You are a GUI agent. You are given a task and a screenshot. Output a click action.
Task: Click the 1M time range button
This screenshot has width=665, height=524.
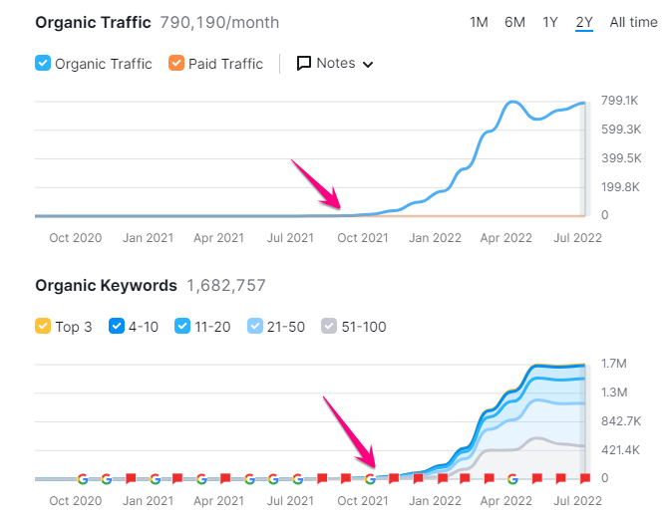pyautogui.click(x=479, y=22)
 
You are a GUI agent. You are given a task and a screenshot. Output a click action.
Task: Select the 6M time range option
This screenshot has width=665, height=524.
pyautogui.click(x=514, y=22)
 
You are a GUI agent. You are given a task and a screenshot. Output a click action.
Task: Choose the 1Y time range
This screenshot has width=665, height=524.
pyautogui.click(x=550, y=22)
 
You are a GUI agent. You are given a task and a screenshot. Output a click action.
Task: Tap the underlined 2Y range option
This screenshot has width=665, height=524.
pyautogui.click(x=584, y=22)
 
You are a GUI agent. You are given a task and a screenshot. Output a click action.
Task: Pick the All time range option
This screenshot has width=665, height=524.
pyautogui.click(x=633, y=22)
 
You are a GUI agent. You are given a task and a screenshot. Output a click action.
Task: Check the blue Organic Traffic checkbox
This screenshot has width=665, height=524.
pyautogui.click(x=43, y=64)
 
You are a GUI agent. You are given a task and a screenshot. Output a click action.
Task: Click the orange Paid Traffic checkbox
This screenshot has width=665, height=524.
pyautogui.click(x=176, y=64)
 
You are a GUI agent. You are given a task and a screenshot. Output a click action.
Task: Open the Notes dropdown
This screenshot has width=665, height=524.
pyautogui.click(x=335, y=64)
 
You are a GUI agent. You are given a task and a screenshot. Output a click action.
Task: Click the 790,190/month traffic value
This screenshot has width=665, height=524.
pyautogui.click(x=225, y=22)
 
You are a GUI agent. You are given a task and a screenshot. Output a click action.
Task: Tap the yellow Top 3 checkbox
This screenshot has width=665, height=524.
pyautogui.click(x=43, y=327)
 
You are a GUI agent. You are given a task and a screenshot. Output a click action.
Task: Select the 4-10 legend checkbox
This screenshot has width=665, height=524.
pyautogui.click(x=115, y=327)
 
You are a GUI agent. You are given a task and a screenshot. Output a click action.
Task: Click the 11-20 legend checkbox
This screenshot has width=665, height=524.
pyautogui.click(x=182, y=327)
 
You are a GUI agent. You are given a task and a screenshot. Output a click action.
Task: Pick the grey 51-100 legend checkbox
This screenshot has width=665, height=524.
pyautogui.click(x=329, y=327)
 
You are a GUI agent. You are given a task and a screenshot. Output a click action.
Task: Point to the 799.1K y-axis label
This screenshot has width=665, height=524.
pyautogui.click(x=620, y=100)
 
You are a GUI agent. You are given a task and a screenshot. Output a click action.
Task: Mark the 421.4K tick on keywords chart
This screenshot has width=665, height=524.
pyautogui.click(x=620, y=450)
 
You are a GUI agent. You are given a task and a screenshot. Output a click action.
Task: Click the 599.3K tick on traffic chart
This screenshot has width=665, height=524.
pyautogui.click(x=620, y=130)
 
